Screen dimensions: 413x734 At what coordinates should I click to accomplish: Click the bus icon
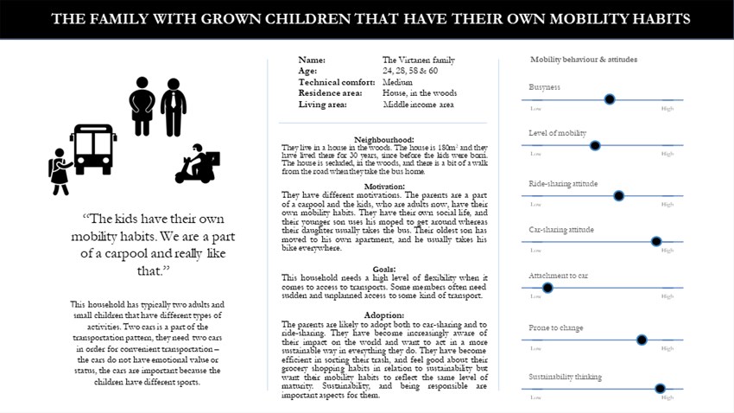pos(93,149)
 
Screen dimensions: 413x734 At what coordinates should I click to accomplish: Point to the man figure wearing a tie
pos(174,106)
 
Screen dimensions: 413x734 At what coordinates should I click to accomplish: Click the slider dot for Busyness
pos(610,99)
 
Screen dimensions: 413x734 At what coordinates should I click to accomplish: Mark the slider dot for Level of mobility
pos(595,146)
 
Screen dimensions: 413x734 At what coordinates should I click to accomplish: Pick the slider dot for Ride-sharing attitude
pos(618,195)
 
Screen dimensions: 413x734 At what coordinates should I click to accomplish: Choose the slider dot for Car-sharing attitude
pos(656,241)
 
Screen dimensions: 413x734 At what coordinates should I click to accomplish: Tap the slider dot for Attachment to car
pos(547,288)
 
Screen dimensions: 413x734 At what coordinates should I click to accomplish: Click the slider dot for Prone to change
pos(641,340)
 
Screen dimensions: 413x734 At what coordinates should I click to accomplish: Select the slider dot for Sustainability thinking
pos(661,389)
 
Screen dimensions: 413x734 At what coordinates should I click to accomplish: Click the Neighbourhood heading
pos(384,139)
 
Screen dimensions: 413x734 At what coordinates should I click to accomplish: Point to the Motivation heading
pos(384,187)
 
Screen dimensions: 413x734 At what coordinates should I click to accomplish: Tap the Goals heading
pos(384,269)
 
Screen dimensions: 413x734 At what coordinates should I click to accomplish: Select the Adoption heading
pos(384,315)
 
